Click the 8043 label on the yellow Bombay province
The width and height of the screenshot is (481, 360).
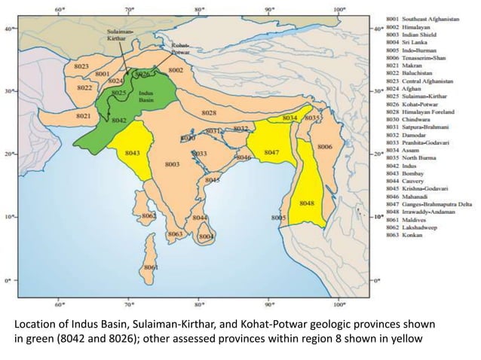click(133, 153)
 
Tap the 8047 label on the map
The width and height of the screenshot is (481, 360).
click(272, 153)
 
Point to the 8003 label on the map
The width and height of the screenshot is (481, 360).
click(173, 163)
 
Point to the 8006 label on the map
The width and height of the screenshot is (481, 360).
click(325, 146)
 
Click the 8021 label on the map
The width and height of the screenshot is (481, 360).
click(84, 116)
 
